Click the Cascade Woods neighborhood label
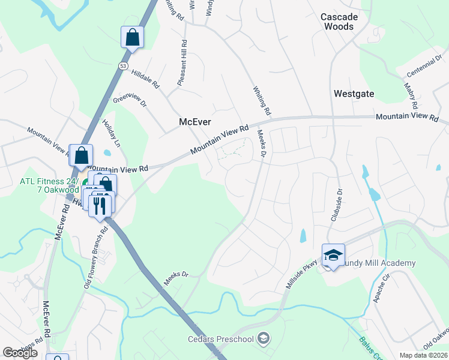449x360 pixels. coord(339,22)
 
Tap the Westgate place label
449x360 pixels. coord(354,94)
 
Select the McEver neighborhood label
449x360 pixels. coord(195,122)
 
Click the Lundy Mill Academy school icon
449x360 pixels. coord(333,255)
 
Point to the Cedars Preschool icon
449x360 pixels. coord(262,339)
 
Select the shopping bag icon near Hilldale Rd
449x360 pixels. coord(133,37)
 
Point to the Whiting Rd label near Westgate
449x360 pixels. coord(263,100)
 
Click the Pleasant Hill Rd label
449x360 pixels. coord(182,63)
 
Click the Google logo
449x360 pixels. coord(20,353)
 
